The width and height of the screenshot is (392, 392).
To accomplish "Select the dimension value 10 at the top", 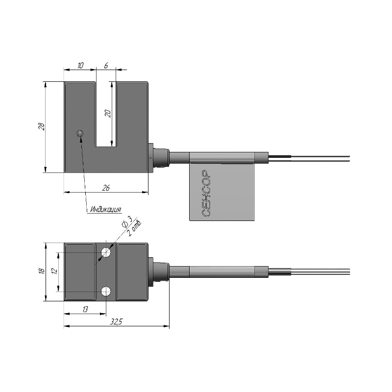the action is tap(80, 66).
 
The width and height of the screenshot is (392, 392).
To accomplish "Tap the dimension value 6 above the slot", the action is tap(106, 66).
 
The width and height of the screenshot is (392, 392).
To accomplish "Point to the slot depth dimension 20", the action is tap(108, 114).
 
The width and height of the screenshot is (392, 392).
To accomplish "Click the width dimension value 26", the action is tap(106, 188).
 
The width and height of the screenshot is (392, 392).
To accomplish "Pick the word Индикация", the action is tap(106, 209).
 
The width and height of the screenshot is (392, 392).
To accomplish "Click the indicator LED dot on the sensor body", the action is tap(80, 133).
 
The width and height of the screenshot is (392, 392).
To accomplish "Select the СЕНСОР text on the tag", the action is tap(206, 194).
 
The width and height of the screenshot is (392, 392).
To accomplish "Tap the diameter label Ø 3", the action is tap(126, 221).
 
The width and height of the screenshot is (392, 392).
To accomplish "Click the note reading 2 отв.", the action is tap(134, 228).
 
